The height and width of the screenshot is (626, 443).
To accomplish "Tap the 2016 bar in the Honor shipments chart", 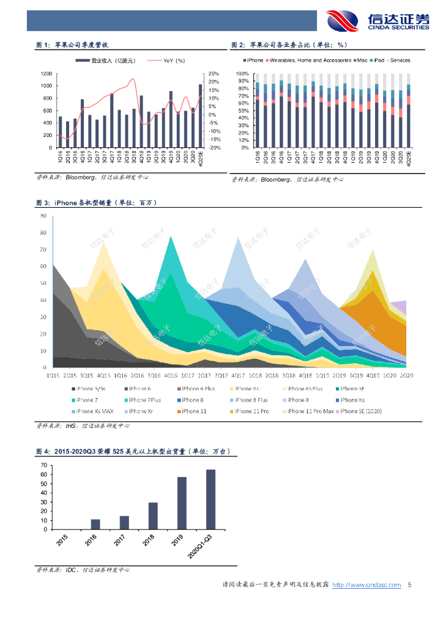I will pyautogui.click(x=95, y=524).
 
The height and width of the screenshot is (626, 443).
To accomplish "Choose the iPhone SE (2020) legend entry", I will pyautogui.click(x=361, y=411).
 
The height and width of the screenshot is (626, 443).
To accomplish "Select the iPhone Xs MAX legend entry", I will pyautogui.click(x=93, y=411).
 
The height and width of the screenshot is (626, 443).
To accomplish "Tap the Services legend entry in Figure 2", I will pyautogui.click(x=400, y=61).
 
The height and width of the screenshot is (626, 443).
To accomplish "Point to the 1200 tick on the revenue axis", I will pyautogui.click(x=46, y=73).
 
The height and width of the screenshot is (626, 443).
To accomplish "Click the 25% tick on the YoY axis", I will pyautogui.click(x=214, y=73).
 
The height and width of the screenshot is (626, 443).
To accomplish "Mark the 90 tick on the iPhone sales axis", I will pyautogui.click(x=43, y=216).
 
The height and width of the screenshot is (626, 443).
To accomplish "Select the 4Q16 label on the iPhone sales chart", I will pyautogui.click(x=170, y=375).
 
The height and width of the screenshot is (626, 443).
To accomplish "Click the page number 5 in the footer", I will pyautogui.click(x=409, y=585).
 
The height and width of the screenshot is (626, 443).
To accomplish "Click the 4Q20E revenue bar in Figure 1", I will pyautogui.click(x=200, y=116).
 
